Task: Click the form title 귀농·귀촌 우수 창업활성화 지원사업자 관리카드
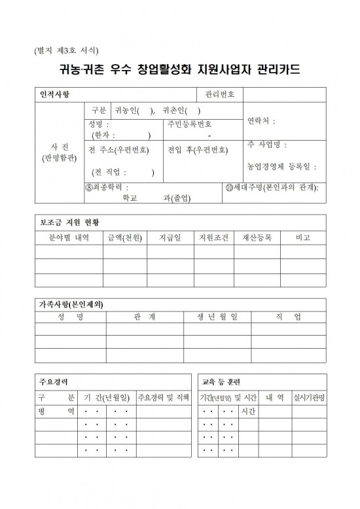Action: tap(179, 69)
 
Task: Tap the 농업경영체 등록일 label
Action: tap(282, 166)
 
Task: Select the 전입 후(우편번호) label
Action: tap(198, 149)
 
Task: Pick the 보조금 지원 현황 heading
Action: tap(67, 222)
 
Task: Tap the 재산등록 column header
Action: tap(257, 237)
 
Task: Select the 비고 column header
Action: tap(303, 237)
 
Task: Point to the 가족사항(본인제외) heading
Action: tap(72, 304)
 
